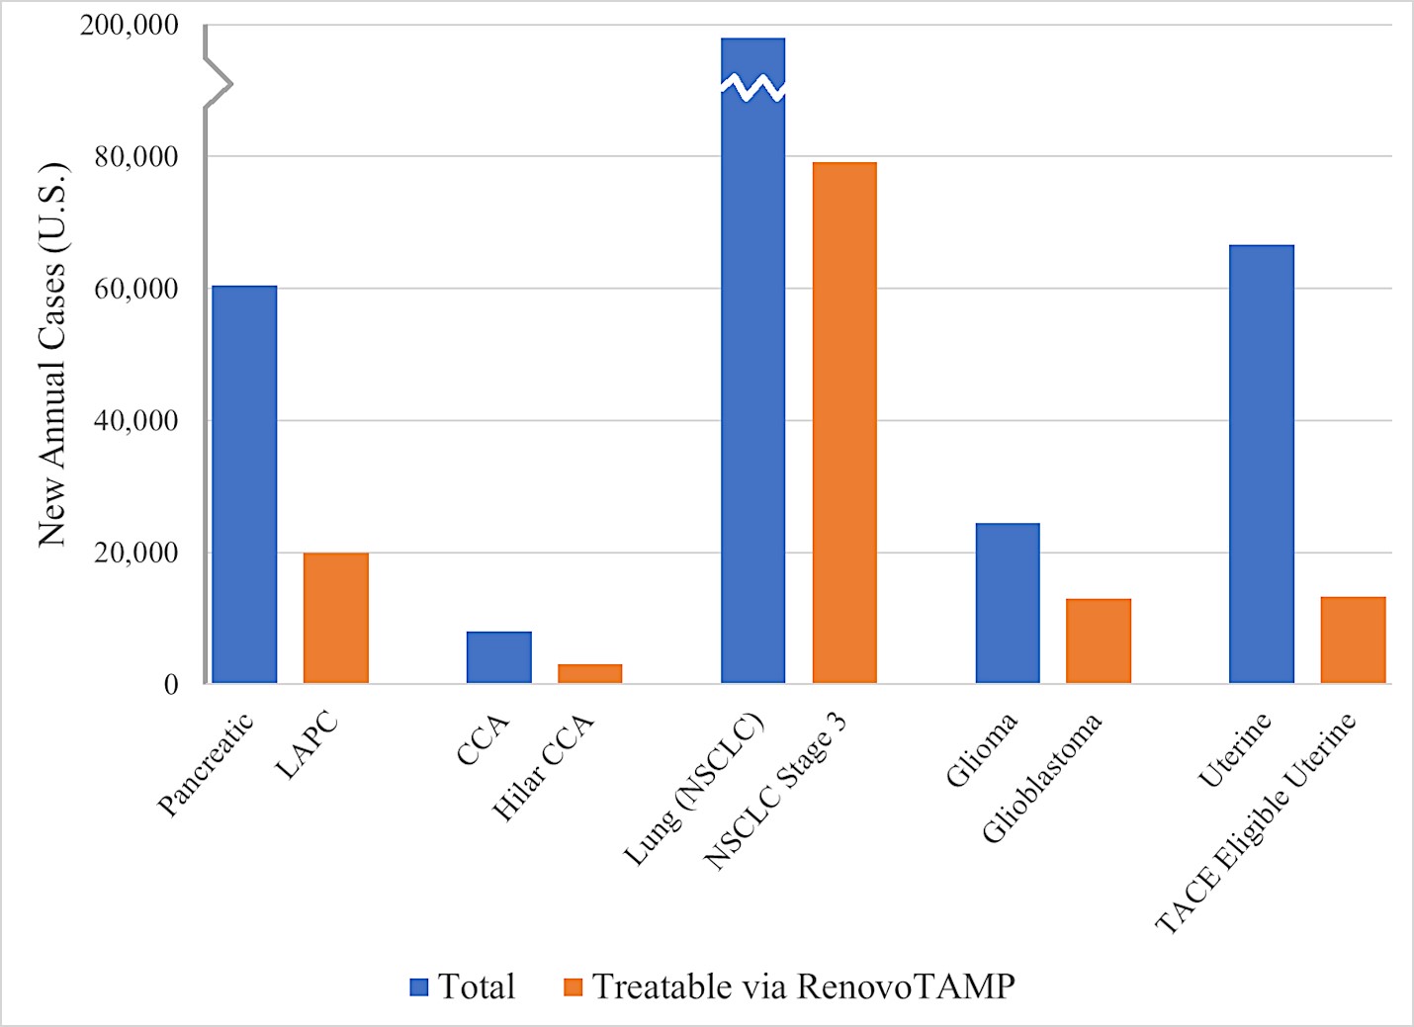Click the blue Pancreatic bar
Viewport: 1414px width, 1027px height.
click(x=244, y=484)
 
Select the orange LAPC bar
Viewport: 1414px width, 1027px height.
click(x=335, y=618)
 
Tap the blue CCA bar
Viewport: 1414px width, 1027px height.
click(x=498, y=657)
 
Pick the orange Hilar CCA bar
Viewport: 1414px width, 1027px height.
click(x=589, y=673)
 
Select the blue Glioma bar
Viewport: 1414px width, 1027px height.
click(x=1008, y=603)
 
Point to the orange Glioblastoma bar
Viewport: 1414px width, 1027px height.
click(x=1098, y=641)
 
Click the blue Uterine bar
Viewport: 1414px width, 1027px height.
click(x=1261, y=464)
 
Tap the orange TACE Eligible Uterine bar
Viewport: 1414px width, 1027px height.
click(x=1353, y=640)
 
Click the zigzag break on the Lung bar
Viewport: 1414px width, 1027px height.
click(x=752, y=88)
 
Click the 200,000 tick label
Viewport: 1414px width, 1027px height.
click(x=130, y=25)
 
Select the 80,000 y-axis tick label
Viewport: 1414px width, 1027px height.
click(x=136, y=156)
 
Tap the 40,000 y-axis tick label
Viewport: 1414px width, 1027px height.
click(x=136, y=420)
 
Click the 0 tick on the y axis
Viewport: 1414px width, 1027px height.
click(x=171, y=684)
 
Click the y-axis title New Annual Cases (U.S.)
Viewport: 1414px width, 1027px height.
click(x=52, y=354)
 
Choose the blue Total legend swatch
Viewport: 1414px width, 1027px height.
click(x=419, y=986)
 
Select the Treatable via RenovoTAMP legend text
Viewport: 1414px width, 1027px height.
click(x=803, y=986)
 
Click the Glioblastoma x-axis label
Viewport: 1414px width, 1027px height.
click(x=1042, y=779)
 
